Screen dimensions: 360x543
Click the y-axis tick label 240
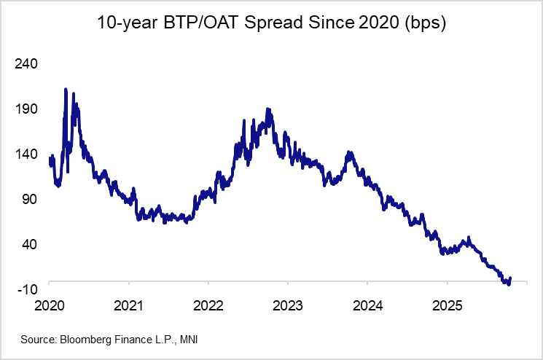point(27,63)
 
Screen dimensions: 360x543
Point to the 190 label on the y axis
point(27,109)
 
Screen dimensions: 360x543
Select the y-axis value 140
point(27,154)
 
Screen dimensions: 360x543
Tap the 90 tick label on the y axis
point(30,199)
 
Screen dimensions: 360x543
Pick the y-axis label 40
point(30,244)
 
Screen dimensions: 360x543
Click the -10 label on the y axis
point(28,289)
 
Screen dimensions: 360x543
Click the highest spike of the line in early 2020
point(66,90)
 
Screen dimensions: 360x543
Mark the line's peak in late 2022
point(268,109)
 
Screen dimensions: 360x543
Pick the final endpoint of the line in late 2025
point(510,278)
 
